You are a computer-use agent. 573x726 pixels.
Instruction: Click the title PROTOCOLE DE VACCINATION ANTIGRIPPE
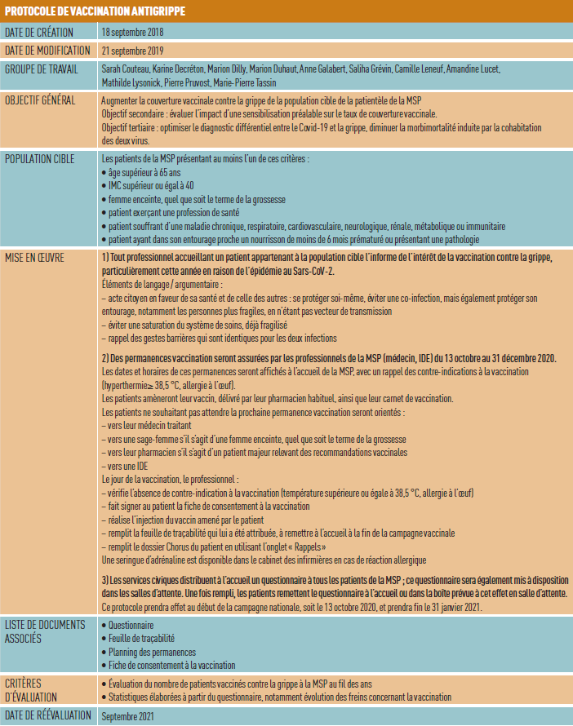94,11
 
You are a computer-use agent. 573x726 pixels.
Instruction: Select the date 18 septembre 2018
133,33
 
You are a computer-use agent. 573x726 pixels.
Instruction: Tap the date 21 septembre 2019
133,51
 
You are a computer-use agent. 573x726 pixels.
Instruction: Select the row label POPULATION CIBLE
41,157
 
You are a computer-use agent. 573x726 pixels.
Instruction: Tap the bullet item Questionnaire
134,625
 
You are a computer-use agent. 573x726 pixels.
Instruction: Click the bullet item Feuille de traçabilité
142,639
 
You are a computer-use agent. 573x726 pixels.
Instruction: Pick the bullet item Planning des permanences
152,653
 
